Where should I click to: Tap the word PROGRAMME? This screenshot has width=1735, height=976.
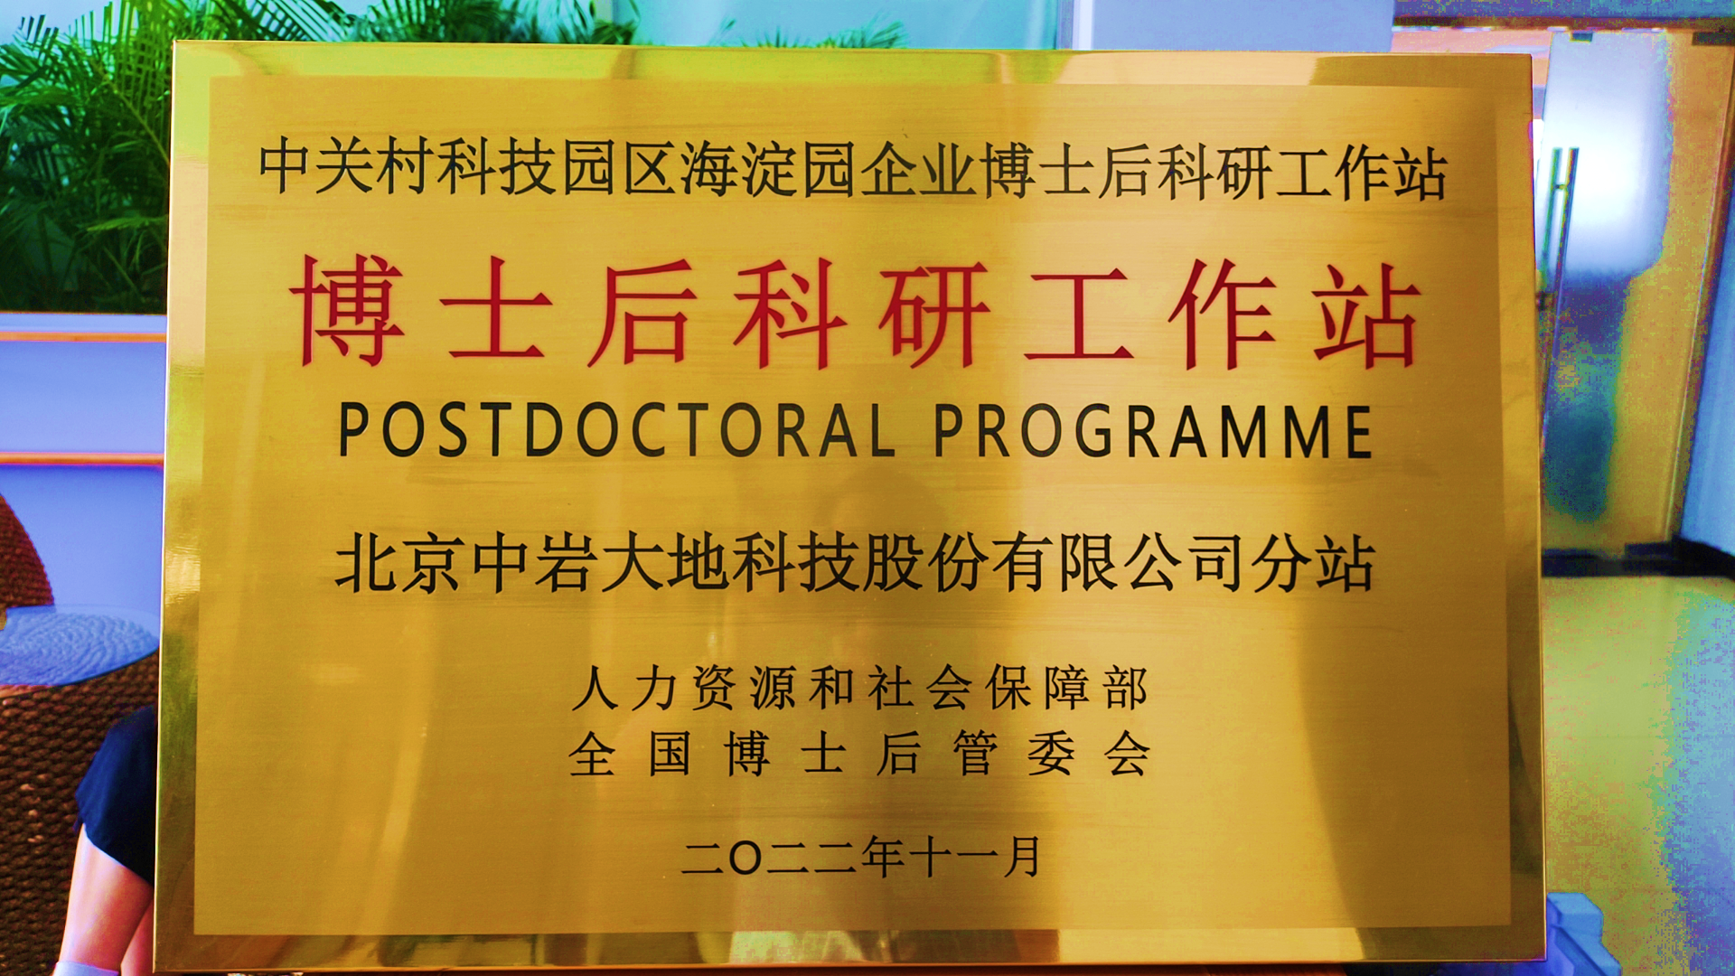tap(1153, 430)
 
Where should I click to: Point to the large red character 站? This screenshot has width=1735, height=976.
tap(1365, 315)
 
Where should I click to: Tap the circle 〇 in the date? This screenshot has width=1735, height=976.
tap(745, 858)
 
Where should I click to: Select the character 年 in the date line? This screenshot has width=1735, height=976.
tap(883, 857)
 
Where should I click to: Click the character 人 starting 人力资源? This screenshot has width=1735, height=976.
tap(596, 689)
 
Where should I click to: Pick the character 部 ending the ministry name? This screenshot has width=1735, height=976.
tap(1125, 689)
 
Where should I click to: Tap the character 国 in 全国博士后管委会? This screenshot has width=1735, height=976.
tap(670, 754)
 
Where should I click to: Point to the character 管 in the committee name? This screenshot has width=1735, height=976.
tap(974, 754)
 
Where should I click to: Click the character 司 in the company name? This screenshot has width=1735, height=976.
tap(1215, 564)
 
